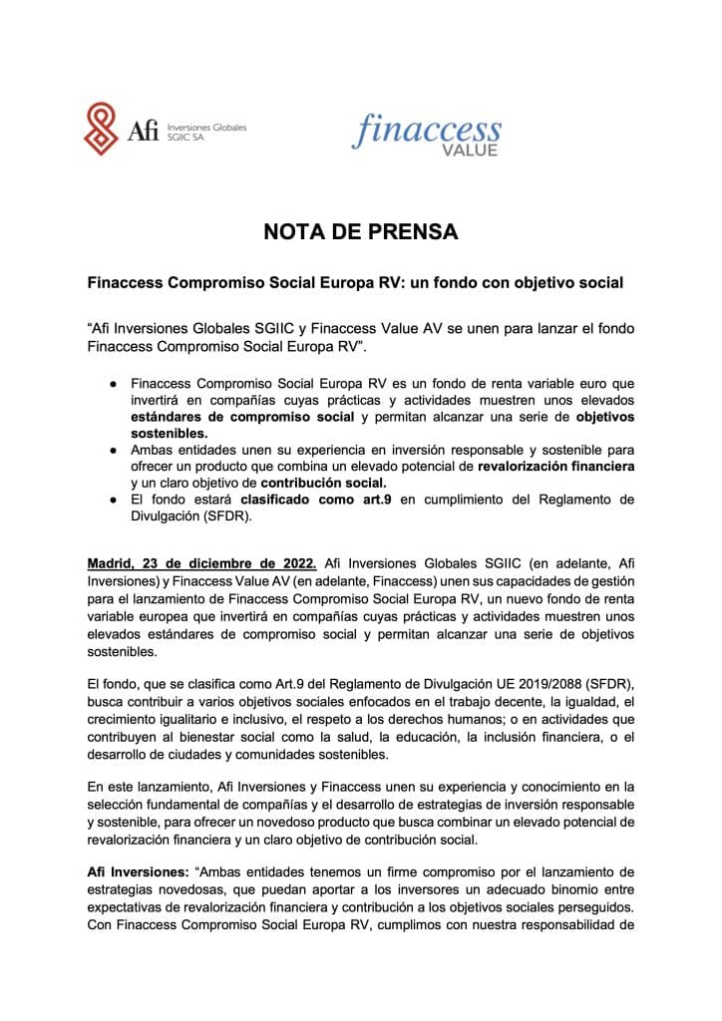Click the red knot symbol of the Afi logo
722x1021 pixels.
104,129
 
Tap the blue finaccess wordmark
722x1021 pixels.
428,129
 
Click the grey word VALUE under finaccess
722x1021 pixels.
469,151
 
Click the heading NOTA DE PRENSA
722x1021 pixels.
360,232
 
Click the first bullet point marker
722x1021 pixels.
115,382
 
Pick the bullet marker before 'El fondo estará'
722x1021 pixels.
115,500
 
